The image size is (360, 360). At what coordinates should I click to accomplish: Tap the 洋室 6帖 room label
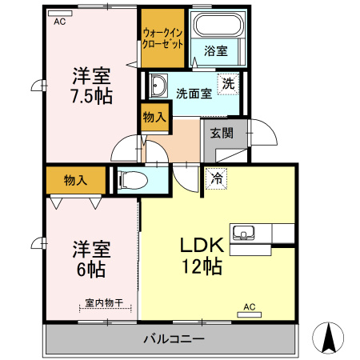pos(90,257)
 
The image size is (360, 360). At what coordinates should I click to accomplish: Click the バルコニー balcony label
pos(174,338)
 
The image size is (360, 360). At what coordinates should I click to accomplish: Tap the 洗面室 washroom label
pos(194,93)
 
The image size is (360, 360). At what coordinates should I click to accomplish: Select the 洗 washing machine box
pos(229,83)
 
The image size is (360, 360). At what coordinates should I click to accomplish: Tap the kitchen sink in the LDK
pos(243,234)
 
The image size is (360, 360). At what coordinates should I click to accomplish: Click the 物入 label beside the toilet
pos(75,181)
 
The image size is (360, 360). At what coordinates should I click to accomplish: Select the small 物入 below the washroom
pos(154,118)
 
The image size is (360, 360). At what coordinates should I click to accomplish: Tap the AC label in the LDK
pos(248,306)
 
